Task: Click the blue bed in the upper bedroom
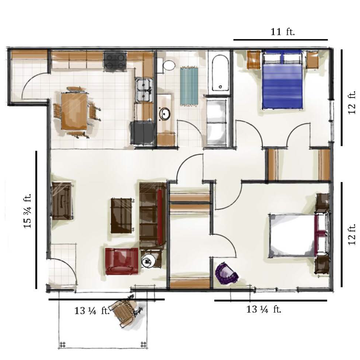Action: pyautogui.click(x=282, y=80)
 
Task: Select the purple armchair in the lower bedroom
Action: pyautogui.click(x=226, y=273)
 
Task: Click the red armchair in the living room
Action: pyautogui.click(x=122, y=261)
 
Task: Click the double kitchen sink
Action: pyautogui.click(x=144, y=90)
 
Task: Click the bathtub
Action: pyautogui.click(x=220, y=73)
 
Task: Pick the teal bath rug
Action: pyautogui.click(x=189, y=86)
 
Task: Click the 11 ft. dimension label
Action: pyautogui.click(x=282, y=32)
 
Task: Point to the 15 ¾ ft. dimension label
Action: pyautogui.click(x=27, y=211)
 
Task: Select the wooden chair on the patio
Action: pyautogui.click(x=125, y=310)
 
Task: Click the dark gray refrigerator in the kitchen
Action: pyautogui.click(x=142, y=133)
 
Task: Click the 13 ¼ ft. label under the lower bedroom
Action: pyautogui.click(x=264, y=309)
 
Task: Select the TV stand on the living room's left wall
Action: pyautogui.click(x=62, y=200)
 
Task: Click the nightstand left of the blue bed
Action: pyautogui.click(x=254, y=59)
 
